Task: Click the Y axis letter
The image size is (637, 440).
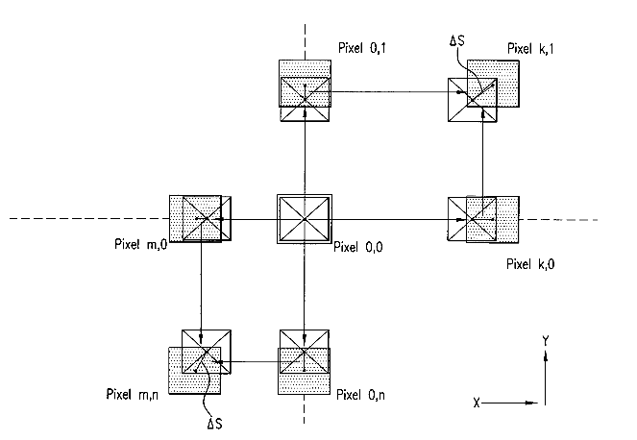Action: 546,340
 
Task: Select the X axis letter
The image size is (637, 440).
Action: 476,402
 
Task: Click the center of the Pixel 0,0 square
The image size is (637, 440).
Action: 305,220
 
